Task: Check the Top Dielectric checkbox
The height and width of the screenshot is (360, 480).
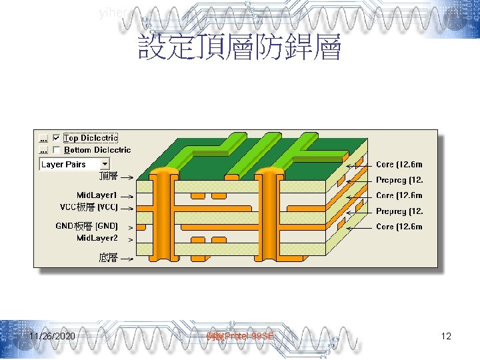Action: [56, 139]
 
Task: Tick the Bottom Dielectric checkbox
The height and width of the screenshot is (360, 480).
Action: [56, 151]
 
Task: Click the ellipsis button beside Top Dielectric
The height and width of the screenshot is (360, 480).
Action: [43, 139]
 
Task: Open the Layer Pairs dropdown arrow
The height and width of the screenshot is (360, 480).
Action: [105, 164]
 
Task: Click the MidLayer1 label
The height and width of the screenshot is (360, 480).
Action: [97, 195]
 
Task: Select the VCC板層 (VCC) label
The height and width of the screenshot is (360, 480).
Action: [89, 207]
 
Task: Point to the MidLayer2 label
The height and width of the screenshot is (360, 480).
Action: [97, 238]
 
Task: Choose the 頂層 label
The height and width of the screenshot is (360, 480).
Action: [108, 176]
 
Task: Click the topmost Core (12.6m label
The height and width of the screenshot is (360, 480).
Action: [399, 165]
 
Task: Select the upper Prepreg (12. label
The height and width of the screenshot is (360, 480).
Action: [399, 180]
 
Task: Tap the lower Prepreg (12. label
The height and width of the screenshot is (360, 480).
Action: [399, 211]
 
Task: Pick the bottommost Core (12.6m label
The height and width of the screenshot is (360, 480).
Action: [399, 227]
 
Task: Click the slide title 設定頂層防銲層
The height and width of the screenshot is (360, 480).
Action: [239, 48]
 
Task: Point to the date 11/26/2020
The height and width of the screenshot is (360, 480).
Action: [52, 337]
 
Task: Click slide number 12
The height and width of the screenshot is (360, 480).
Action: [446, 337]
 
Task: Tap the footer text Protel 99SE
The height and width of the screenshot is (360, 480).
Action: [240, 337]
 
